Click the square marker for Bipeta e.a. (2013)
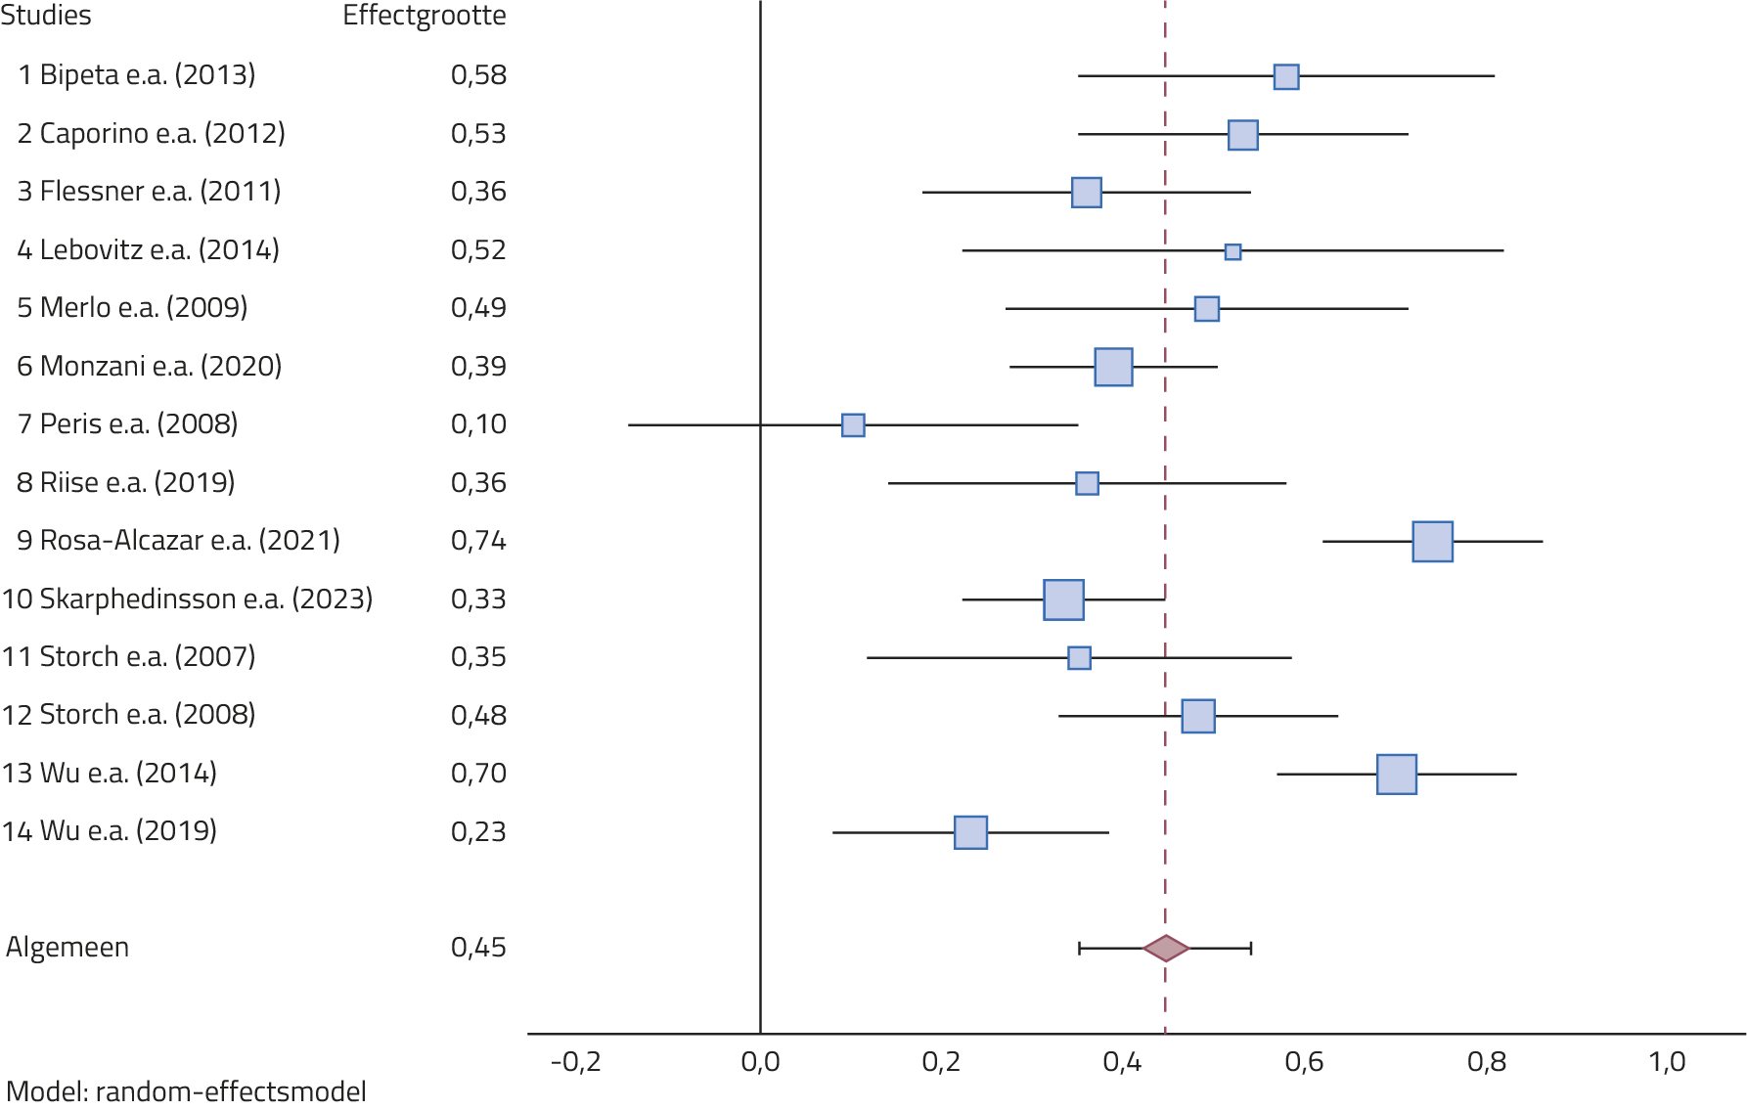pyautogui.click(x=1285, y=77)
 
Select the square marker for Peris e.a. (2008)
pyautogui.click(x=853, y=425)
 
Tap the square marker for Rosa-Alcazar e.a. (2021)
pyautogui.click(x=1432, y=542)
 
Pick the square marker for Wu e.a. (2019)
pyautogui.click(x=970, y=832)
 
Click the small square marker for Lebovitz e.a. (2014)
pyautogui.click(x=1232, y=252)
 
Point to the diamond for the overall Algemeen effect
pyautogui.click(x=1166, y=948)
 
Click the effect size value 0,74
pyautogui.click(x=478, y=541)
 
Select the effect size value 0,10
pyautogui.click(x=478, y=424)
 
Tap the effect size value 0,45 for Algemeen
pyautogui.click(x=478, y=948)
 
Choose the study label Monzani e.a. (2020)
pyautogui.click(x=149, y=367)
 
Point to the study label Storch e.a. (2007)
pyautogui.click(x=128, y=657)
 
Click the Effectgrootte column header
pyautogui.click(x=424, y=17)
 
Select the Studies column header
pyautogui.click(x=45, y=17)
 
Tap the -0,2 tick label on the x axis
pyautogui.click(x=575, y=1062)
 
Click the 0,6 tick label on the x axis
pyautogui.click(x=1303, y=1062)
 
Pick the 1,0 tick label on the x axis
pyautogui.click(x=1666, y=1062)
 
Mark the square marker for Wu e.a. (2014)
pyautogui.click(x=1396, y=775)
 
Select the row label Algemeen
pyautogui.click(x=67, y=948)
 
